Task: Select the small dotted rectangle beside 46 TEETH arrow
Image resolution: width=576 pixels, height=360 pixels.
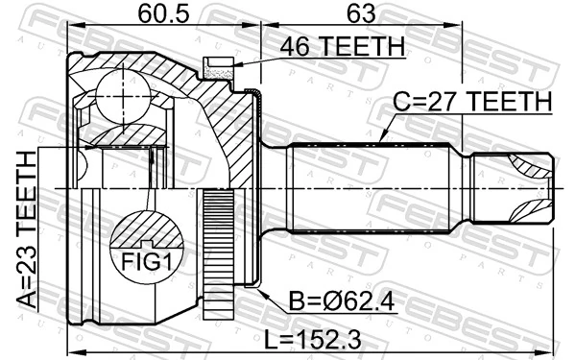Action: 216,65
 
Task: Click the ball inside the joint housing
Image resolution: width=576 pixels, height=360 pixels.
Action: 124,91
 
